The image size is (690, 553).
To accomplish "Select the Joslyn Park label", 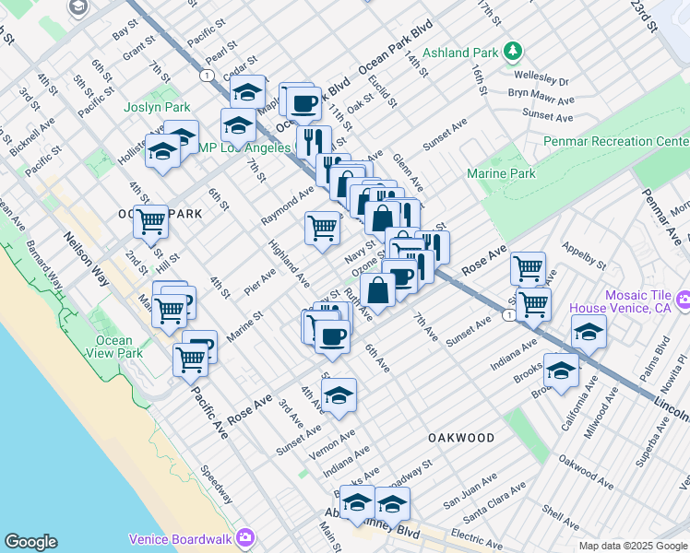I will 158,108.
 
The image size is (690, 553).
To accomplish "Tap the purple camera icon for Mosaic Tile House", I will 684,300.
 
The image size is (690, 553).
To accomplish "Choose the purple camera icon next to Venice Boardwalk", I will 244,536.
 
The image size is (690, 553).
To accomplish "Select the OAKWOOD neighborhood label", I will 460,438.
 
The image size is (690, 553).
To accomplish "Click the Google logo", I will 30,542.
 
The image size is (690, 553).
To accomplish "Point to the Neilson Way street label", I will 80,250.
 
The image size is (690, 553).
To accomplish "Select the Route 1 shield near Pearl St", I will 205,75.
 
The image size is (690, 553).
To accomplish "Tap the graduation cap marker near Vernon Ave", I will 339,394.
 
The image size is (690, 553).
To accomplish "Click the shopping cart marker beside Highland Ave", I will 322,226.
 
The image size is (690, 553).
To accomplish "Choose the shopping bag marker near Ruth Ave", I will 378,288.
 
